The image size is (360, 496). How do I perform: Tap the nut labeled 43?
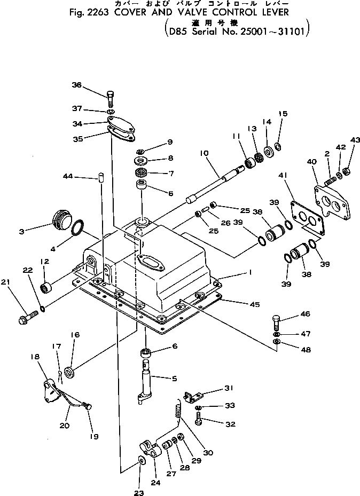[x=346, y=171]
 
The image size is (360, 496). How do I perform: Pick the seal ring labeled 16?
[x=70, y=371]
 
